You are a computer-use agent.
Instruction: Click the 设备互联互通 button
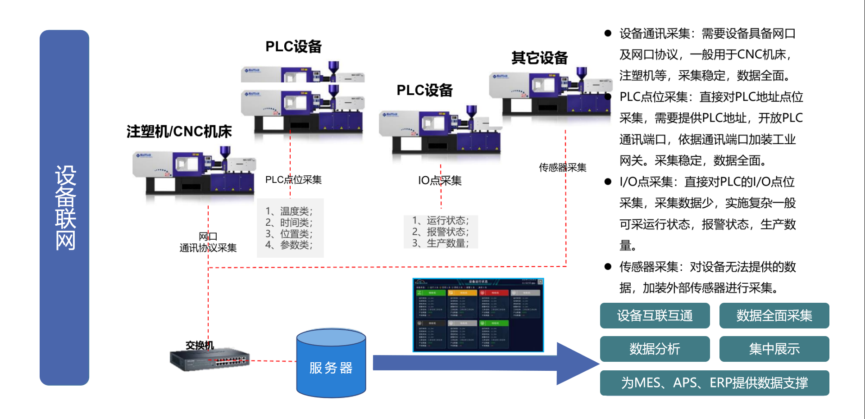click(x=655, y=316)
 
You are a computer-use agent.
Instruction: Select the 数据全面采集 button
click(x=774, y=316)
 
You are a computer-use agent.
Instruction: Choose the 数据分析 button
click(x=655, y=349)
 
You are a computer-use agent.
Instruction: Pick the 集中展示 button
click(x=774, y=349)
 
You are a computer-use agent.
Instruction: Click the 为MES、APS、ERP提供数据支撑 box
click(x=714, y=383)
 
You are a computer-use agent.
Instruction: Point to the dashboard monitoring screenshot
click(x=478, y=315)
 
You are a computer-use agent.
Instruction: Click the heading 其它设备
click(x=539, y=58)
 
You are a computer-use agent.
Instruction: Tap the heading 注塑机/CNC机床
click(x=179, y=132)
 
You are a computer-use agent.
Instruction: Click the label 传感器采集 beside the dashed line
click(x=562, y=168)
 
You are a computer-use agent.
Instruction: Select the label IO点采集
click(x=440, y=181)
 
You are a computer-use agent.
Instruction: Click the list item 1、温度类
click(x=289, y=211)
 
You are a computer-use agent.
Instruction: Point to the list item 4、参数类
click(x=289, y=245)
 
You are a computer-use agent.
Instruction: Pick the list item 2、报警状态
click(x=440, y=232)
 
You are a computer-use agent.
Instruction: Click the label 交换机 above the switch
click(x=200, y=345)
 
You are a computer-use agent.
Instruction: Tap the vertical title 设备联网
click(x=65, y=208)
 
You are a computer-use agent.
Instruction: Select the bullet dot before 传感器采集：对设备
click(x=608, y=267)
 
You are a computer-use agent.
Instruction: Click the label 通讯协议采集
click(x=208, y=248)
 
